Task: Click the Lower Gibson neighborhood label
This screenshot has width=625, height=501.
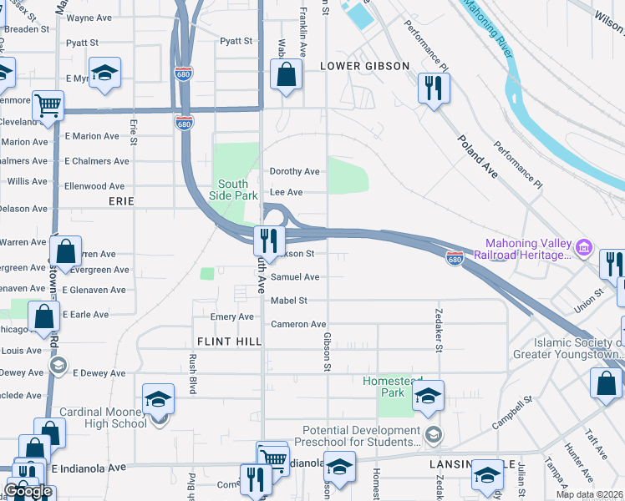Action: click(364, 66)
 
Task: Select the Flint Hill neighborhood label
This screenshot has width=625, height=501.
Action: click(230, 342)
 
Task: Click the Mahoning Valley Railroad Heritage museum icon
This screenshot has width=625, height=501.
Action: click(584, 247)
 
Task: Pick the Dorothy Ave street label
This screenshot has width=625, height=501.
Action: click(294, 171)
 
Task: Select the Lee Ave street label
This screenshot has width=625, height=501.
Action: click(286, 192)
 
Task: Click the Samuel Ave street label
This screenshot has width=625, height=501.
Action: click(294, 277)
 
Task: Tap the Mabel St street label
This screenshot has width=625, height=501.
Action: click(288, 301)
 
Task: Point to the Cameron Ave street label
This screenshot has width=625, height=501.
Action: click(297, 324)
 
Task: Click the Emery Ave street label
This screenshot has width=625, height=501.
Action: click(231, 317)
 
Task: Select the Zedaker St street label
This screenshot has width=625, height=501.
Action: click(438, 329)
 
